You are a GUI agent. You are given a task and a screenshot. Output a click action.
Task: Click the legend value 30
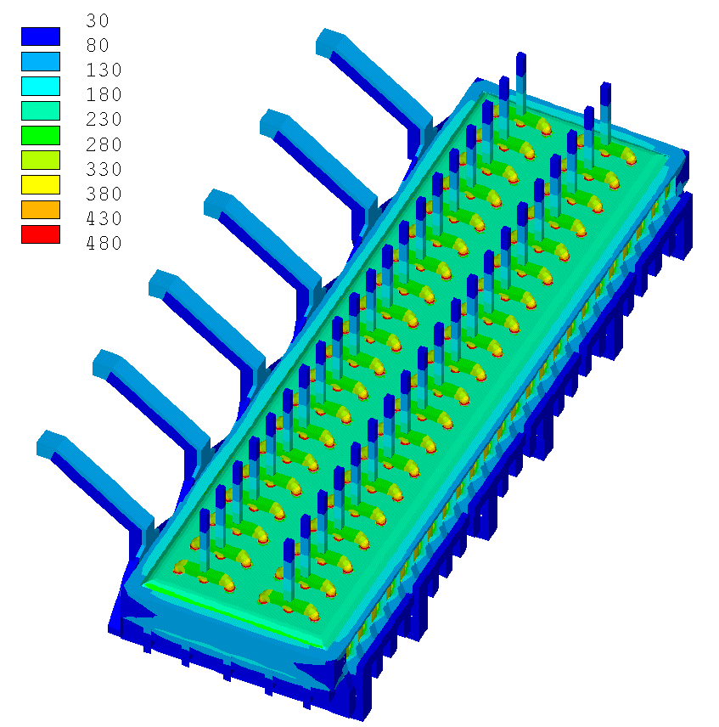coord(98,20)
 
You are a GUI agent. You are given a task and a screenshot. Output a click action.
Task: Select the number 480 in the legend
coord(104,243)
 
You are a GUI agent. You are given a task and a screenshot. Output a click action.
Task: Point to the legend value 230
coord(104,119)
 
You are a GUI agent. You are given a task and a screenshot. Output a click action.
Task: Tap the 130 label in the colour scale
coord(104,70)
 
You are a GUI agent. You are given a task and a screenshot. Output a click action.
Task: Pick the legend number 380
coord(104,194)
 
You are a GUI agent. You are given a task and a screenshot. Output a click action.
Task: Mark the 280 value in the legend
coord(104,144)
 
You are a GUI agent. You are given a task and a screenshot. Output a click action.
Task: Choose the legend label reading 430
coord(104,218)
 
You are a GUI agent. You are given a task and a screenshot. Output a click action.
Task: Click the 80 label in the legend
coord(98,45)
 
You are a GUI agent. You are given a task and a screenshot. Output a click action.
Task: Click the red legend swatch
coord(41,234)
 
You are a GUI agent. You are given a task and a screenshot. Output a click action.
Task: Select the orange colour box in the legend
coord(41,210)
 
